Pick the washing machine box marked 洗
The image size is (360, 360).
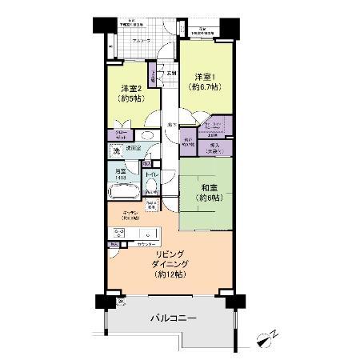click(117, 151)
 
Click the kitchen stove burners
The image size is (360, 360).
click(118, 233)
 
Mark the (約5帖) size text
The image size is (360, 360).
click(132, 100)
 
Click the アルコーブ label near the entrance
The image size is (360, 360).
click(120, 39)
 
